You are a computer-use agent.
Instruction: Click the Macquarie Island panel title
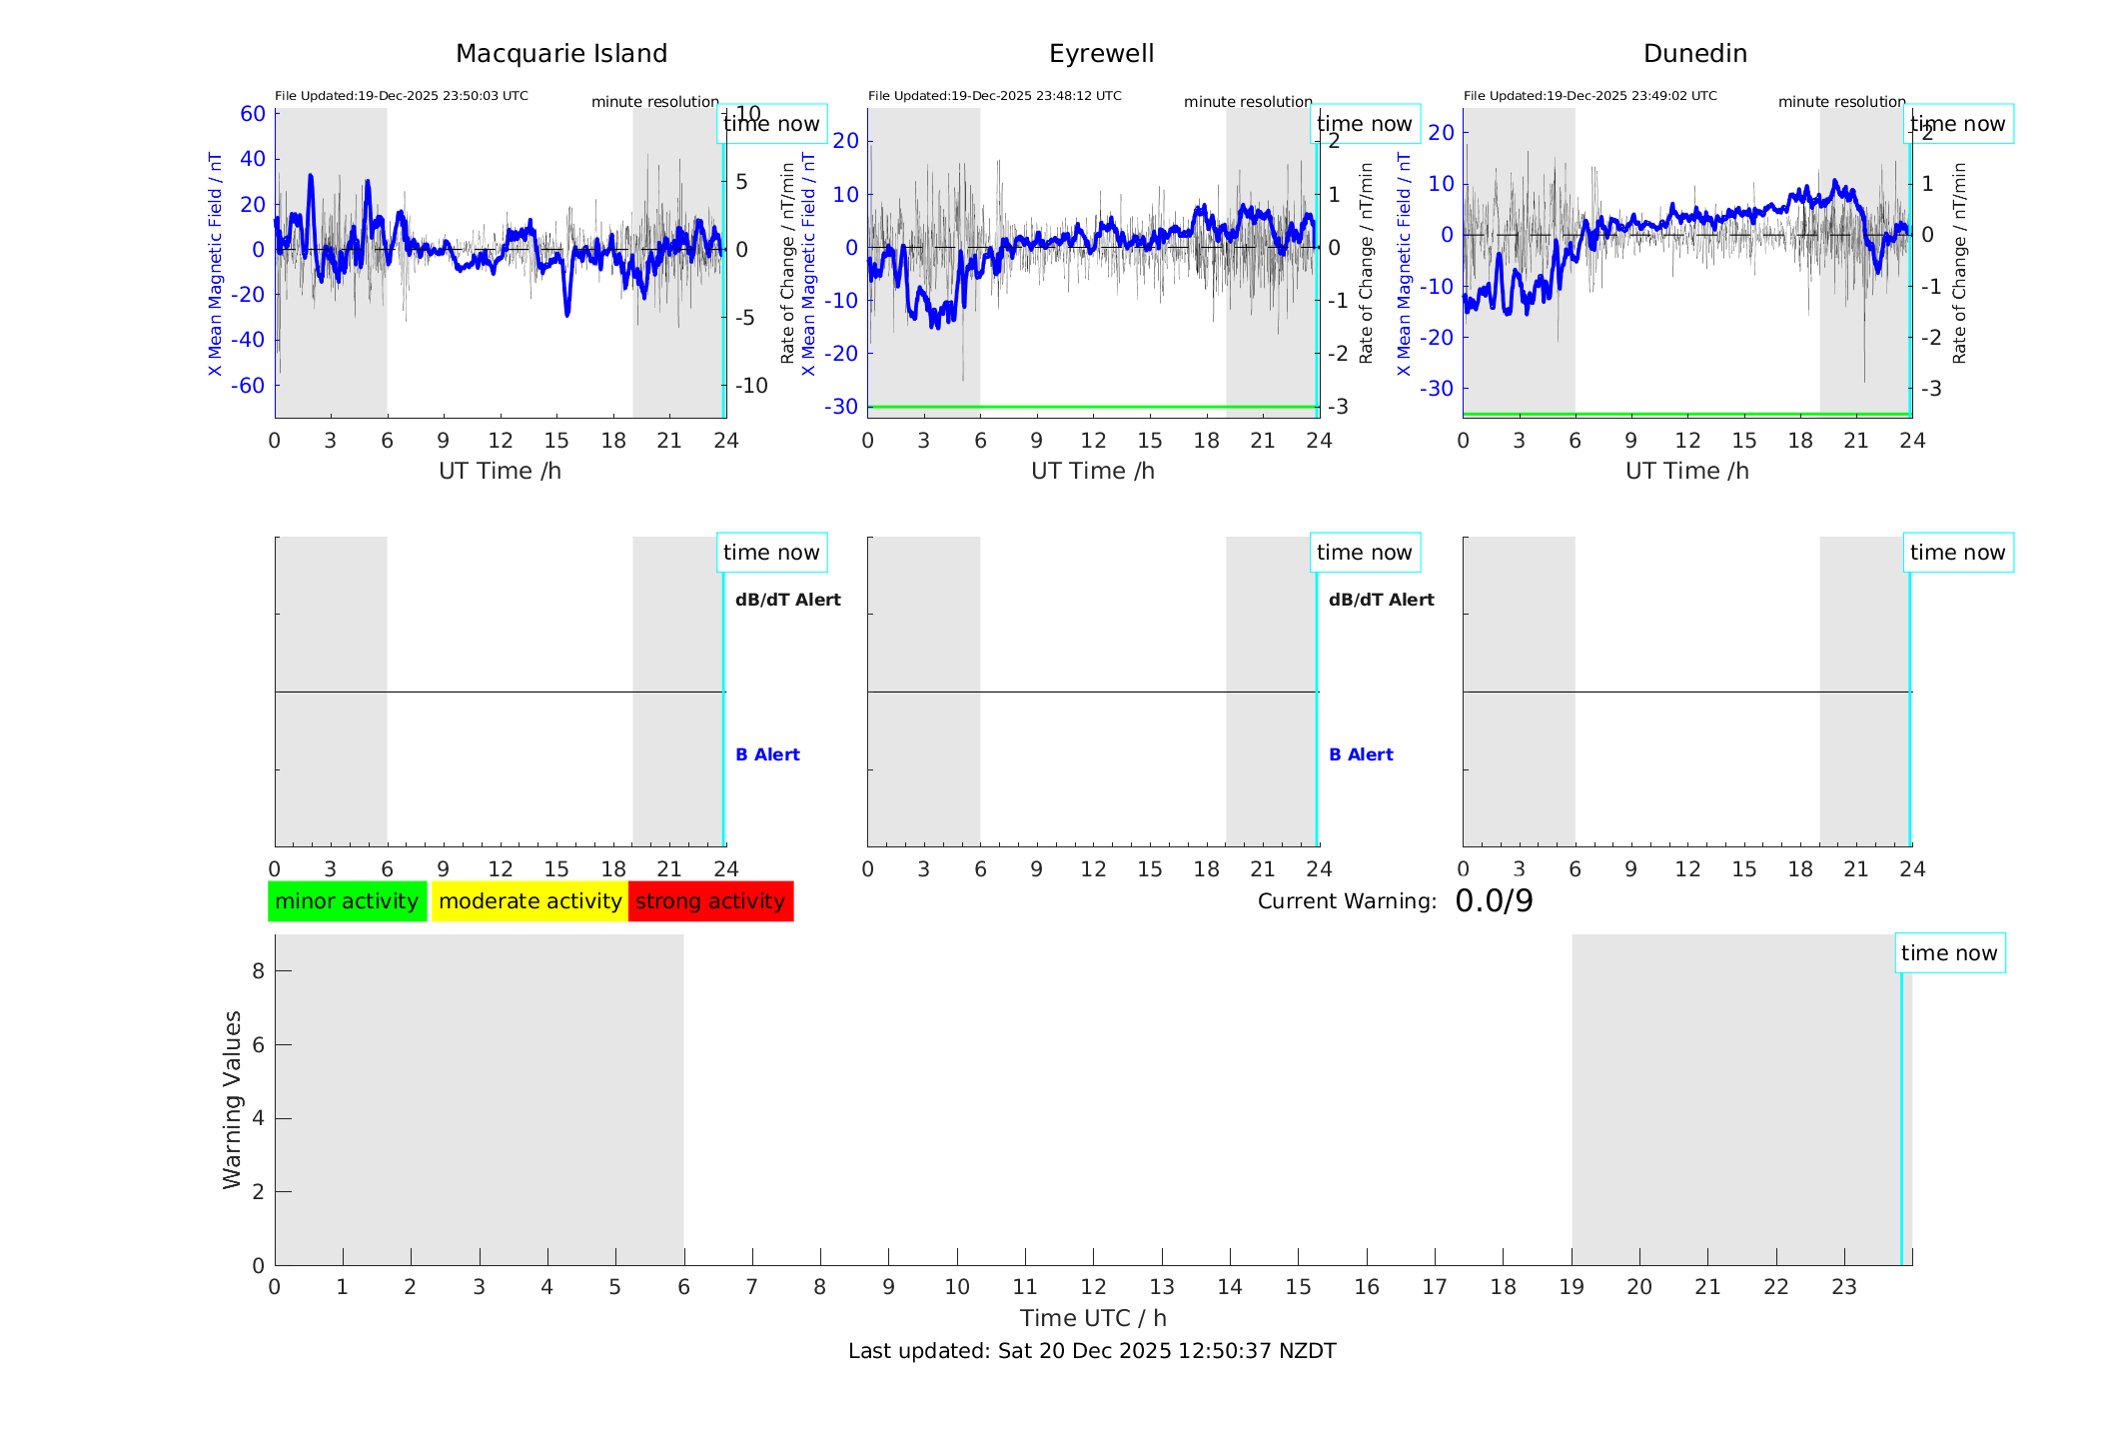561,54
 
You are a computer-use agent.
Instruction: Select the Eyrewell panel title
1101,54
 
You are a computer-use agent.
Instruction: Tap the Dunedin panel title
1694,54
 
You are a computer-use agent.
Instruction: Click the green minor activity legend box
347,901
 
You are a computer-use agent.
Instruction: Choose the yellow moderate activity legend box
529,901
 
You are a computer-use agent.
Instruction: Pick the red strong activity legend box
710,901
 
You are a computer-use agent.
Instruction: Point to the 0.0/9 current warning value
1494,901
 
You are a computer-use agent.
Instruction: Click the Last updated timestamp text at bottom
1092,1351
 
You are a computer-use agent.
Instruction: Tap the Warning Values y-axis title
232,1099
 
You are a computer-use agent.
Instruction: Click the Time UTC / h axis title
1093,1318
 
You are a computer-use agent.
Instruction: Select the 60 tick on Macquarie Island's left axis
253,114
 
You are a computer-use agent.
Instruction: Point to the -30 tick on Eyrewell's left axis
841,407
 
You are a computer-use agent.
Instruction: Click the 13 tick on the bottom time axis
1162,1287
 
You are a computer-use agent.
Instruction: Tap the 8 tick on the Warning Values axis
258,970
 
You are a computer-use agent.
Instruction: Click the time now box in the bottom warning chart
1949,953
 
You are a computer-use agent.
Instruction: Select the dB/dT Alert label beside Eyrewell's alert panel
1381,600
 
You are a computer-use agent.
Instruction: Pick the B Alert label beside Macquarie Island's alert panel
767,754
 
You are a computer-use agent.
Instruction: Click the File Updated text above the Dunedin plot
1589,96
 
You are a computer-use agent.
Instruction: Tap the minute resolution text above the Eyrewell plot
1248,102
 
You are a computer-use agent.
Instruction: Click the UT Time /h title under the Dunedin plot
1686,471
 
